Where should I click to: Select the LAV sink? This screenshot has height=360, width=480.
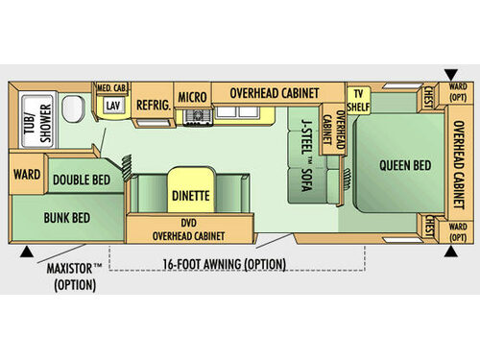113,106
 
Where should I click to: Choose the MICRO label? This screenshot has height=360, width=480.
192,96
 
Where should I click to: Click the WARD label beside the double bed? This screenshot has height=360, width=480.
26,175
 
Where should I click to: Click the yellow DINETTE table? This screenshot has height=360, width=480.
191,195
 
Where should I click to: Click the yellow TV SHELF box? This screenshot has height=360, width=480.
358,99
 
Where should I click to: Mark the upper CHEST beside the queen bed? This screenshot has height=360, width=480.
428,98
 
